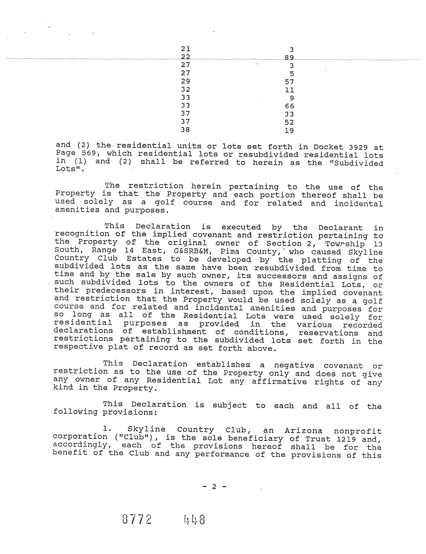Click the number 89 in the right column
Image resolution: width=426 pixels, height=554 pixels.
point(289,57)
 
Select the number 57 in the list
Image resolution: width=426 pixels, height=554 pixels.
point(289,82)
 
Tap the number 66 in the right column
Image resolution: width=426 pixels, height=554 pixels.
point(289,106)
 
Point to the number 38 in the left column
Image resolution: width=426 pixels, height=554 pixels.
point(185,130)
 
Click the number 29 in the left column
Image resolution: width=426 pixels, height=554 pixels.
point(185,81)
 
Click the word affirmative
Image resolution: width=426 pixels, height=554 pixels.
point(279,381)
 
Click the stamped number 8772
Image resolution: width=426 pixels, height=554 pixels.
point(137,520)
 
